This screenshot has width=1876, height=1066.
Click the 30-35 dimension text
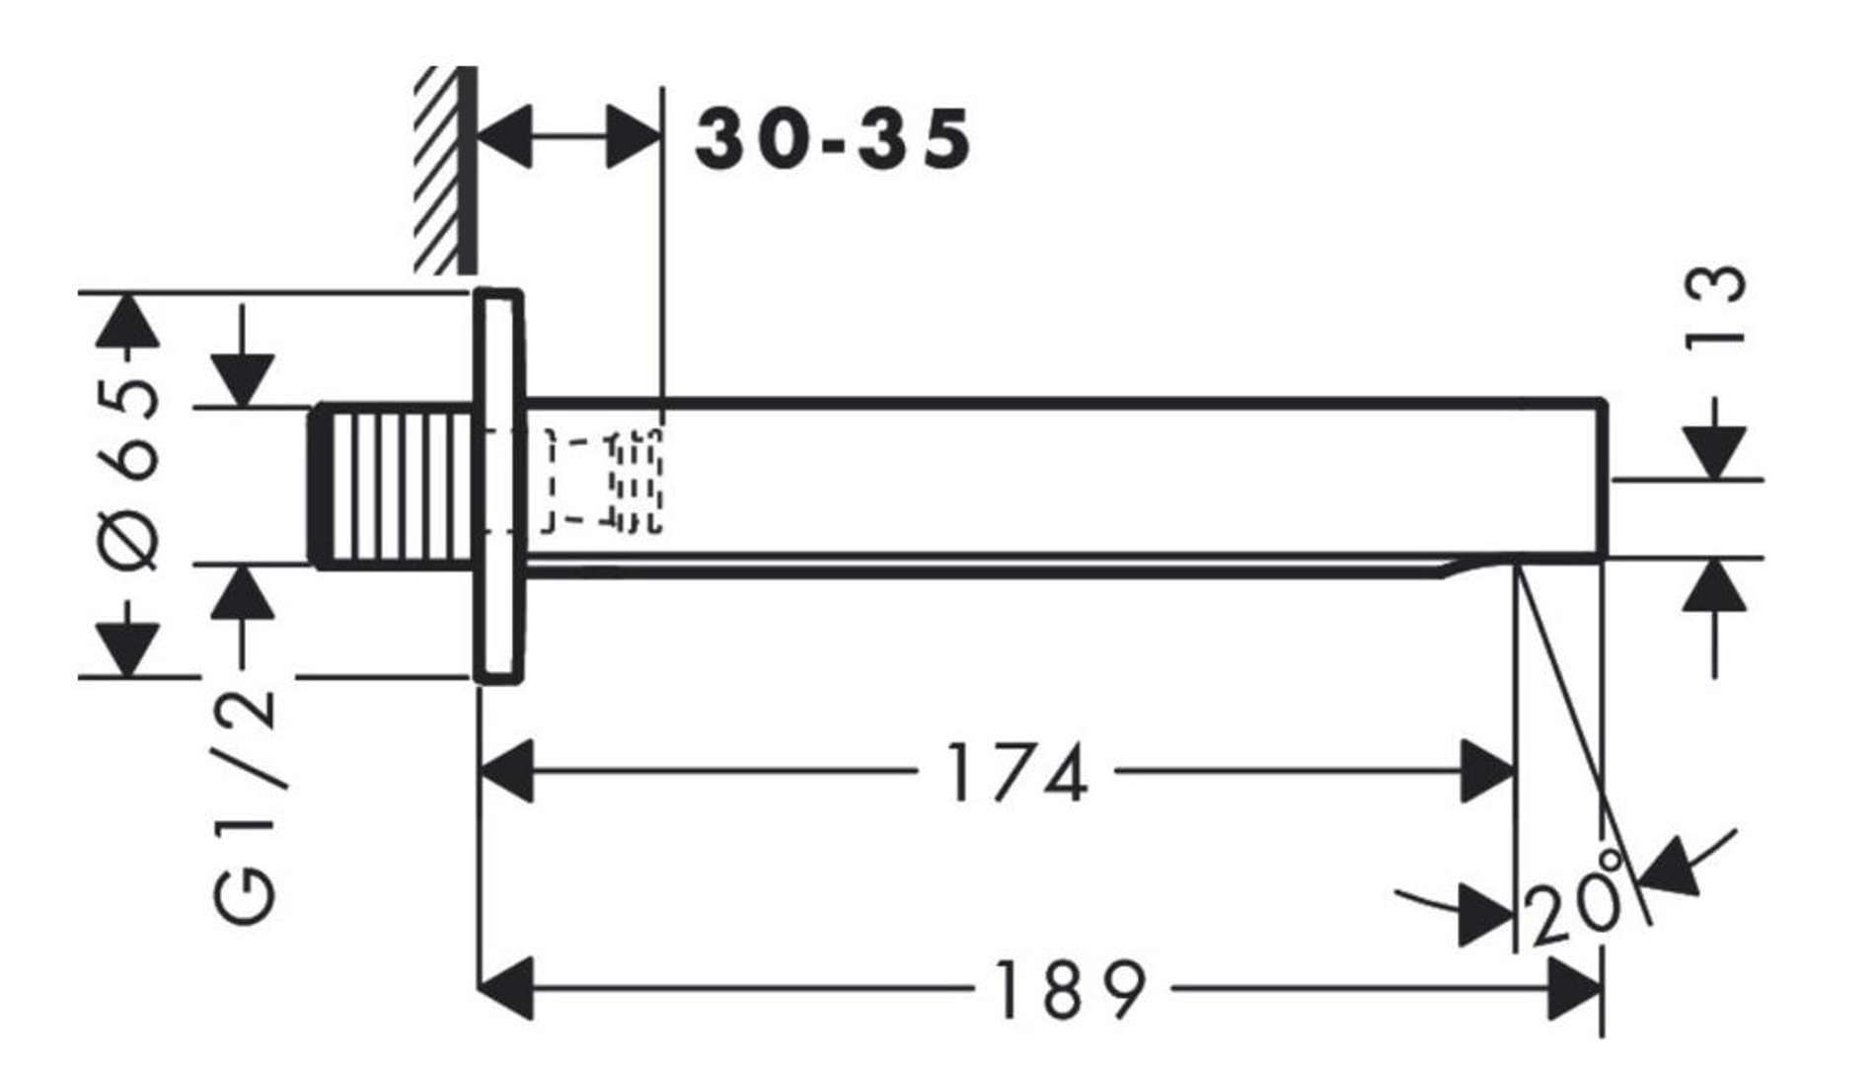point(833,139)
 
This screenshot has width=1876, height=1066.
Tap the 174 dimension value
point(1017,772)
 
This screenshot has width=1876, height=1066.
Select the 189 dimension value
point(1071,989)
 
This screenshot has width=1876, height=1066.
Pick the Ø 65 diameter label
point(131,474)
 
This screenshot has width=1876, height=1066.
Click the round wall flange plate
point(498,486)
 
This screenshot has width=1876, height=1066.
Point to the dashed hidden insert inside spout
point(604,481)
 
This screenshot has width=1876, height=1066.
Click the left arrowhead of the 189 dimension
point(505,988)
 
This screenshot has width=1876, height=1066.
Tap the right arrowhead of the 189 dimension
point(1575,988)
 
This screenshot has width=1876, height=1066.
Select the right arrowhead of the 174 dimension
point(1488,771)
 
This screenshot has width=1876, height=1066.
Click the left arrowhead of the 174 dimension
point(505,771)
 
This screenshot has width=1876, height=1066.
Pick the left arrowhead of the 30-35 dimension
point(503,136)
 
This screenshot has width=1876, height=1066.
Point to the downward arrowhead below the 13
point(1715,452)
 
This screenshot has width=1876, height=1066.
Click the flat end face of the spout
point(1604,481)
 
